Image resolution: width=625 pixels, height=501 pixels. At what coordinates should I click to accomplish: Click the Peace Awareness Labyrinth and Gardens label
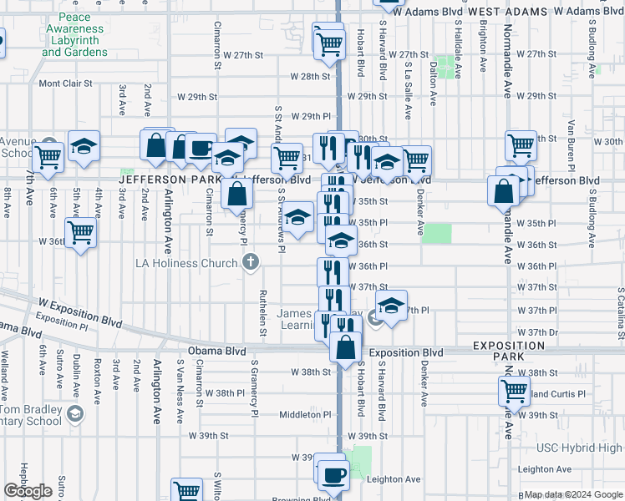tap(75, 34)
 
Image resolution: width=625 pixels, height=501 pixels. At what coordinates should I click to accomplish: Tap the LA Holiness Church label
tap(187, 263)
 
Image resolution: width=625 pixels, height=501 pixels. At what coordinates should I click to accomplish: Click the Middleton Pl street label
tap(307, 414)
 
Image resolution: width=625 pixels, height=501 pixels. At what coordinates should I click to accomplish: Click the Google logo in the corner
tap(28, 491)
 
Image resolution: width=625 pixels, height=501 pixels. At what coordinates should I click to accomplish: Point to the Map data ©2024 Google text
tap(573, 495)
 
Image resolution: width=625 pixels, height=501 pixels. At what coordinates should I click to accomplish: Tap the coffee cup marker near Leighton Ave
tap(334, 474)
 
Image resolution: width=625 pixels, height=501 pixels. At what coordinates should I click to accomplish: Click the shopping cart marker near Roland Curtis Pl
tap(514, 390)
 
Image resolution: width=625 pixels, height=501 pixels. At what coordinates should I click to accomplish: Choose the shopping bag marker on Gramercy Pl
tap(238, 194)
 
